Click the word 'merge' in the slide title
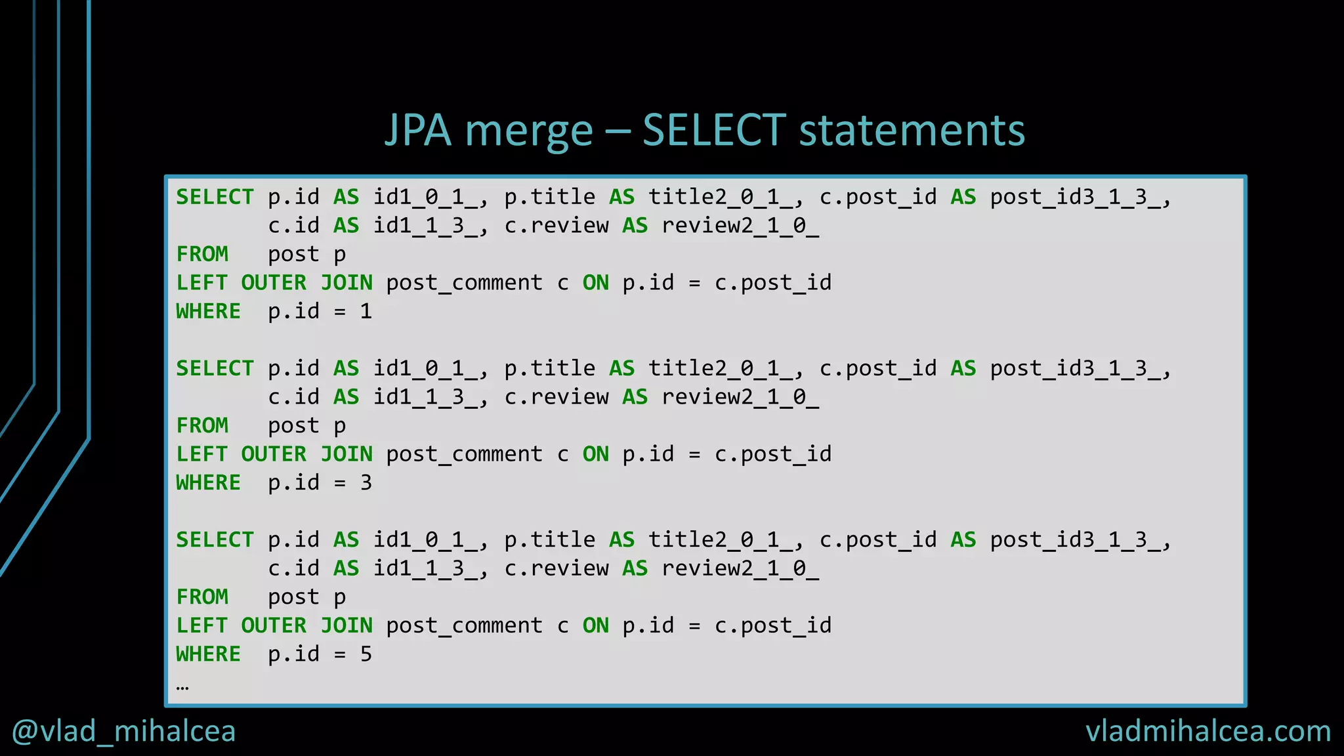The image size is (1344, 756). coord(529,131)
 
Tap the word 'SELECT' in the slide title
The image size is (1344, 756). coord(714,130)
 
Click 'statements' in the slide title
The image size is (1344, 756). coord(912,130)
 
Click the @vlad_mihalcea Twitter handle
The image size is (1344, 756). coord(124,731)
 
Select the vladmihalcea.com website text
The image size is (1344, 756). coord(1207,731)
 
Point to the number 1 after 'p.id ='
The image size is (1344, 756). coord(366,311)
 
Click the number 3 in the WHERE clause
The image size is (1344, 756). coord(366,483)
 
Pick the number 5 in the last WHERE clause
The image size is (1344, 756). coord(366,654)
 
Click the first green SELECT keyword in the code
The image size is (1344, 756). coord(215,197)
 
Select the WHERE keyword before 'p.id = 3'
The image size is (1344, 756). coord(208,483)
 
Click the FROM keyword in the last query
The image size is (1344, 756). coord(202,597)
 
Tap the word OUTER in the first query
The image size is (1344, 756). coord(274,283)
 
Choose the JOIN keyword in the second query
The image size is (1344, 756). coord(346,454)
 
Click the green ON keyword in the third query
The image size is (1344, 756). coord(595,625)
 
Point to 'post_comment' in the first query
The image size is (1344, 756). coord(464,283)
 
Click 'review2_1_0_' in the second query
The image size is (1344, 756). coord(740,397)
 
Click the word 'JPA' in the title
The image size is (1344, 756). coord(418,130)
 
